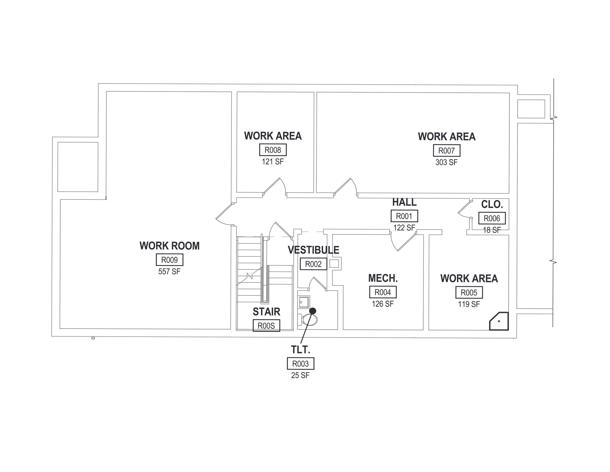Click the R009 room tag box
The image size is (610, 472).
click(x=169, y=260)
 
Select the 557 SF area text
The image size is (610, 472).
click(x=169, y=272)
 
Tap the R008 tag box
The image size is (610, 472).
click(x=273, y=150)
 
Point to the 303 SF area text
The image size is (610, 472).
click(x=446, y=163)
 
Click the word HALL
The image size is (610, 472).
click(x=404, y=202)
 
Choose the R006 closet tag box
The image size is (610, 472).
click(x=492, y=218)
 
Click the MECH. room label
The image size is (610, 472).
click(x=383, y=278)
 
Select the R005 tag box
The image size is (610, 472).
click(x=469, y=293)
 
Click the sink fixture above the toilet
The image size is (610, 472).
click(x=304, y=302)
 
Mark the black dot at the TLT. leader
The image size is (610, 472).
click(x=312, y=311)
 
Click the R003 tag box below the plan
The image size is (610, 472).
click(x=300, y=364)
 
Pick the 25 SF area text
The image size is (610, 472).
click(x=300, y=375)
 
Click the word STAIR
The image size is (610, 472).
click(x=266, y=312)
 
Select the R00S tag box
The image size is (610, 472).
click(x=266, y=326)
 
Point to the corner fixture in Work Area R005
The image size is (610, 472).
click(x=499, y=321)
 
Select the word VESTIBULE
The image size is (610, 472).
click(x=313, y=250)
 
